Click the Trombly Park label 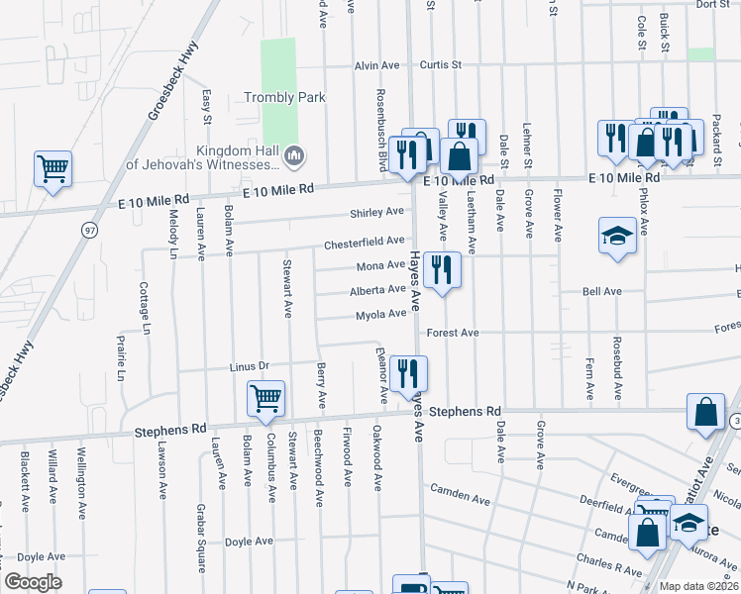tap(285, 97)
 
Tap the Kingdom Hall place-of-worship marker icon tap(294, 156)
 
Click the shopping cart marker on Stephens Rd tap(265, 398)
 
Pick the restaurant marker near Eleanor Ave tap(408, 373)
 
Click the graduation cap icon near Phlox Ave tap(617, 236)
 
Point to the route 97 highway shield tap(90, 230)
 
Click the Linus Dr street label tap(250, 366)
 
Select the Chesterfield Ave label tap(365, 242)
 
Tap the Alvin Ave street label tap(376, 65)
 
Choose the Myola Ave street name tap(381, 315)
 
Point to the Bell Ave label tap(601, 292)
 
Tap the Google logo tap(34, 581)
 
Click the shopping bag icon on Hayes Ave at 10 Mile tap(460, 155)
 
